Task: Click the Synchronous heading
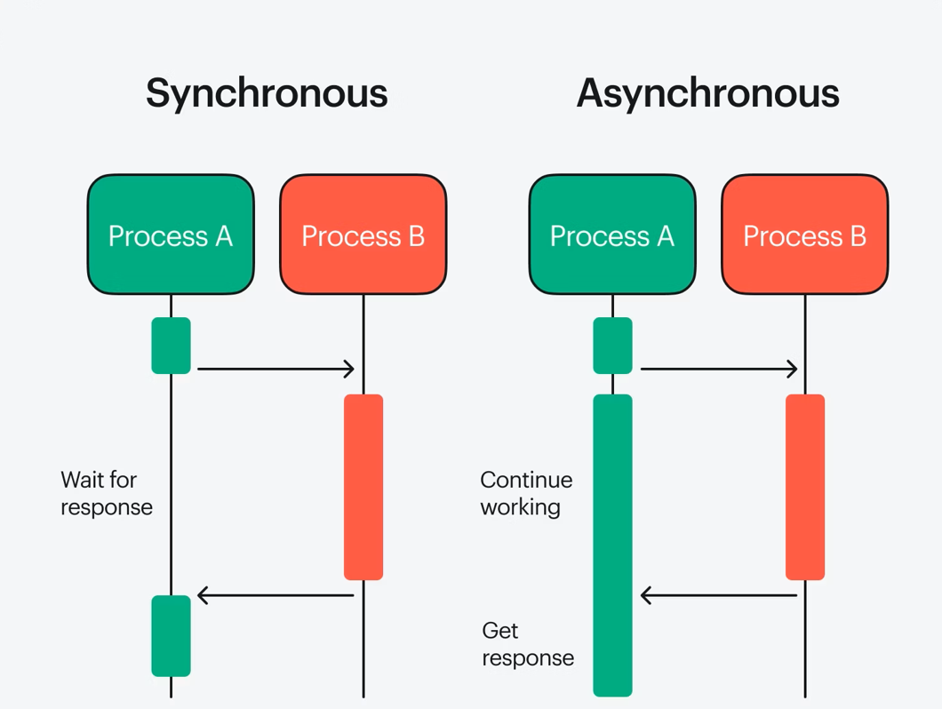(x=267, y=93)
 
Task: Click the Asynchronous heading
(x=707, y=93)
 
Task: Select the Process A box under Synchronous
(x=171, y=235)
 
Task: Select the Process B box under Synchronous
(x=363, y=235)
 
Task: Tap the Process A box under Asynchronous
(x=612, y=235)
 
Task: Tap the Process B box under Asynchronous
(x=804, y=235)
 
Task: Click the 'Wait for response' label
(x=106, y=493)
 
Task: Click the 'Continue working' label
(x=526, y=493)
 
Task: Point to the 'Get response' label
(x=527, y=644)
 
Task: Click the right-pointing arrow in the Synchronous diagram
(x=275, y=368)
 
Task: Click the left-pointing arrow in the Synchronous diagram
(x=275, y=594)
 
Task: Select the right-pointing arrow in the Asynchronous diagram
(x=718, y=368)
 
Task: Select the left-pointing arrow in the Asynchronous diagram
(x=718, y=594)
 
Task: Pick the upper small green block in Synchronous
(x=171, y=346)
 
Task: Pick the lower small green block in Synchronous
(x=171, y=635)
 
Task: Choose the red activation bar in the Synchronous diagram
(x=363, y=487)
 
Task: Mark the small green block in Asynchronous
(x=612, y=346)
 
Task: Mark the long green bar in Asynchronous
(x=612, y=545)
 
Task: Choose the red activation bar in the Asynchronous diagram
(x=805, y=487)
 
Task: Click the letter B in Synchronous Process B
(x=415, y=235)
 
